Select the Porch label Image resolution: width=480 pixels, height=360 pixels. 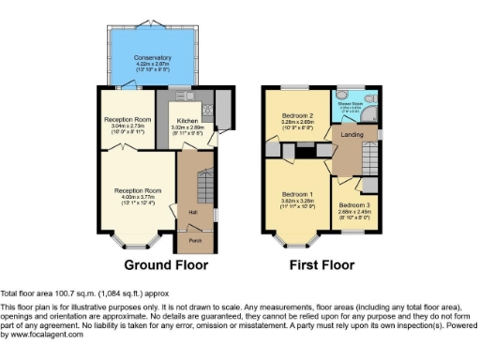click(x=195, y=241)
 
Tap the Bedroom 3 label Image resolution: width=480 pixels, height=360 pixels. click(x=354, y=205)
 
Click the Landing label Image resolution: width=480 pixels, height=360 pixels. click(x=353, y=136)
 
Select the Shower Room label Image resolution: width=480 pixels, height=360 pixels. click(x=351, y=103)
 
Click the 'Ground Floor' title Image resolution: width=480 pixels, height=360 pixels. click(x=166, y=264)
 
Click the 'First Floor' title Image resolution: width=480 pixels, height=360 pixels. click(x=323, y=264)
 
